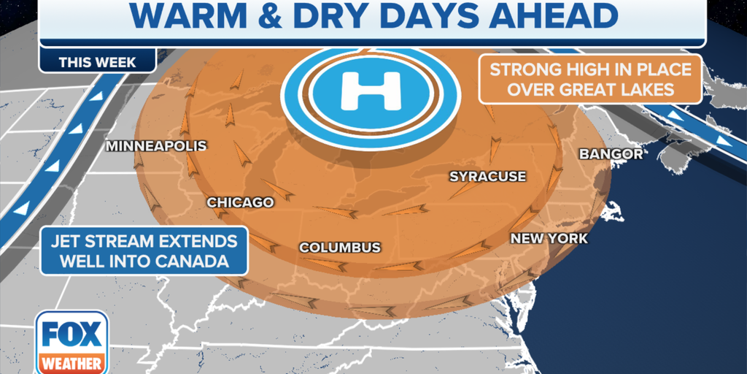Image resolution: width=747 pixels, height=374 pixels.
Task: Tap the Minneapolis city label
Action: coord(156,146)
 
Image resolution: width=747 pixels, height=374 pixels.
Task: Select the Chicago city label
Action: coord(240,202)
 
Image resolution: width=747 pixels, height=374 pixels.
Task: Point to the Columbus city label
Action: coord(340,248)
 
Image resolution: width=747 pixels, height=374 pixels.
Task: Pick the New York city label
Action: coord(549,239)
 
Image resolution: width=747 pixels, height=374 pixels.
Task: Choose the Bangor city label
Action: coord(611,154)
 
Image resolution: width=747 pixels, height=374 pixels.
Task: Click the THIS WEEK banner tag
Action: coord(97,62)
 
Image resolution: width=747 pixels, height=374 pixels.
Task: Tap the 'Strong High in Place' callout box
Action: coord(590,79)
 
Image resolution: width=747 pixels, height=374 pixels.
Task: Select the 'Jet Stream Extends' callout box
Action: coord(144,251)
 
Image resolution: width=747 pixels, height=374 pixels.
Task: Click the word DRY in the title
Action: coord(358,16)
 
